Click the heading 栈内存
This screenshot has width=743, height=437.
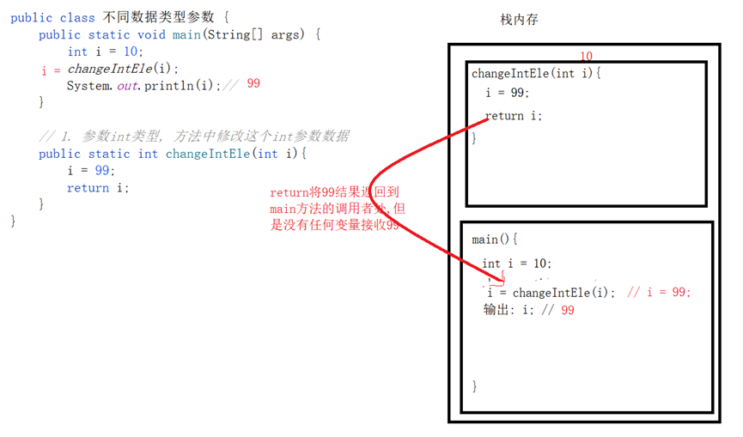[x=519, y=20]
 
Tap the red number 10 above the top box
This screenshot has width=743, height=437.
[x=587, y=56]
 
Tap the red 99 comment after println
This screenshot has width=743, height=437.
[x=253, y=84]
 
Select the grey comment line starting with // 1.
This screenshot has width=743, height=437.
[x=194, y=137]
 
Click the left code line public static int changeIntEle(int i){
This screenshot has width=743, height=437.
[x=173, y=154]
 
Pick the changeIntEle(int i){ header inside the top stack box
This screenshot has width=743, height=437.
[x=537, y=73]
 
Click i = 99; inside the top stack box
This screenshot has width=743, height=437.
[x=508, y=93]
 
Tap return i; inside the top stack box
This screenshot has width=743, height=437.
[x=514, y=116]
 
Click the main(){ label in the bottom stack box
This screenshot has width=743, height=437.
[x=495, y=240]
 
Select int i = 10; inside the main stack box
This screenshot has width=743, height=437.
[x=517, y=264]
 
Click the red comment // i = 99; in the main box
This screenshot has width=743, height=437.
[x=658, y=292]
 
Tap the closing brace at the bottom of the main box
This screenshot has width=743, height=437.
[x=475, y=385]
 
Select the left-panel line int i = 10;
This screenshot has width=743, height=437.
[x=106, y=52]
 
